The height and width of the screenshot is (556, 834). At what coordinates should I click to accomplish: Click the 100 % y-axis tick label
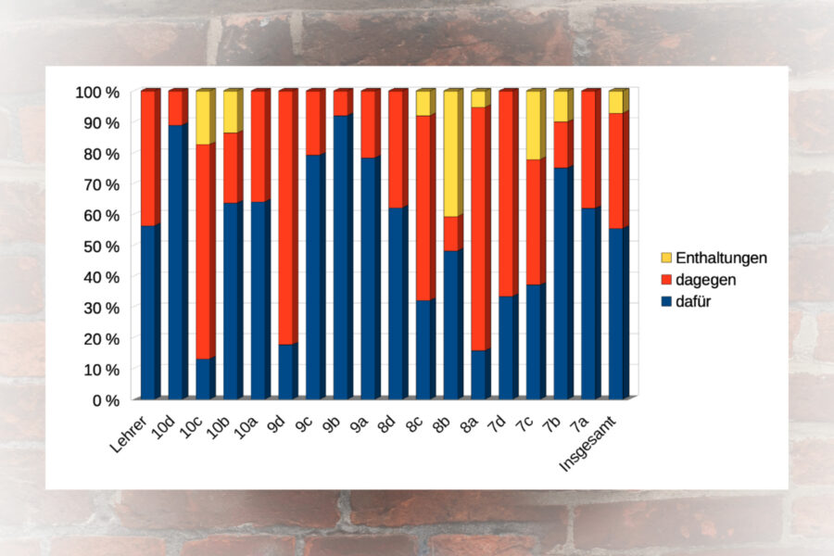click(x=97, y=93)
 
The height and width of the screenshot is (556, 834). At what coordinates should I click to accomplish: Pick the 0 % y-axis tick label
click(x=105, y=400)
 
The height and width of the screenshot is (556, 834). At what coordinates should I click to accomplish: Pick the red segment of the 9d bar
click(x=288, y=217)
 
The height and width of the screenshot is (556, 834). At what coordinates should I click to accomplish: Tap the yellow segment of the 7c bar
click(x=536, y=125)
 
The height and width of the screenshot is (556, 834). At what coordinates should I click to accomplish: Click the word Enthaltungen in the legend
click(x=721, y=258)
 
